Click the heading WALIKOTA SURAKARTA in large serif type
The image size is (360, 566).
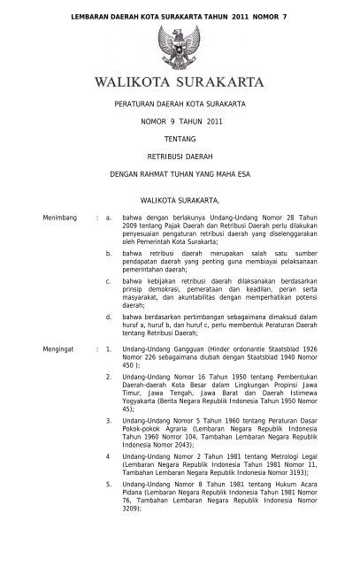pos(180,85)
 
